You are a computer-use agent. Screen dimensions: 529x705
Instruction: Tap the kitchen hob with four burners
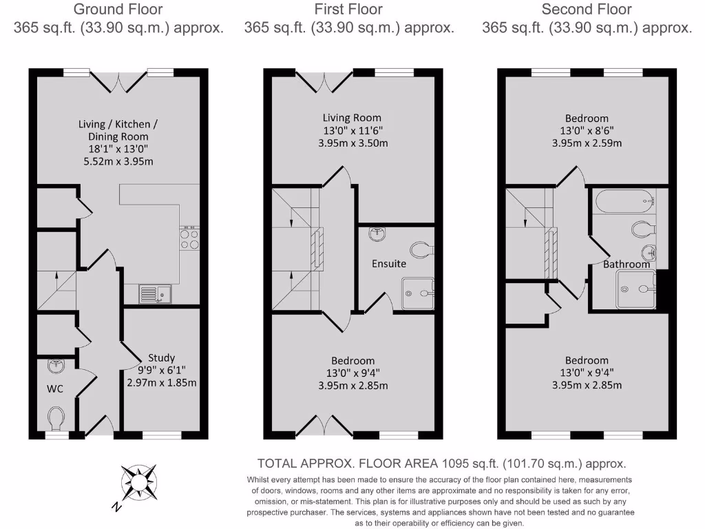click(x=189, y=238)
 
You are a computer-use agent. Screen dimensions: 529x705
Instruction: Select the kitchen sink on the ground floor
click(x=155, y=295)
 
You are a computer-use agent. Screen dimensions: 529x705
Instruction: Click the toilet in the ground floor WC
click(x=56, y=416)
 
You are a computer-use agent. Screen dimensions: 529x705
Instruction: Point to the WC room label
click(x=55, y=388)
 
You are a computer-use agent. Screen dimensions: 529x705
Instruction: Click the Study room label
click(x=162, y=357)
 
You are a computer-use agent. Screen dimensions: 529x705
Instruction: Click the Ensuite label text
click(x=389, y=263)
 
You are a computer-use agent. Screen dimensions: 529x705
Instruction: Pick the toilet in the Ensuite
click(x=419, y=249)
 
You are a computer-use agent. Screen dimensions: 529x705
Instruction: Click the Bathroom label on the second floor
click(x=627, y=264)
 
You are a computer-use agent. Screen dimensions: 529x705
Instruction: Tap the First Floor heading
click(x=348, y=10)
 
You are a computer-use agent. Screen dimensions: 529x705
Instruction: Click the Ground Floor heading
click(x=118, y=10)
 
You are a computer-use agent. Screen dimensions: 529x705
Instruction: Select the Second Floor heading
click(x=587, y=10)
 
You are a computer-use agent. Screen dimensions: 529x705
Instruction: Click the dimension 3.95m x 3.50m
click(x=353, y=143)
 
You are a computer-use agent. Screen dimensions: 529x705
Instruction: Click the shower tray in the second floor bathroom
click(x=636, y=288)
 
